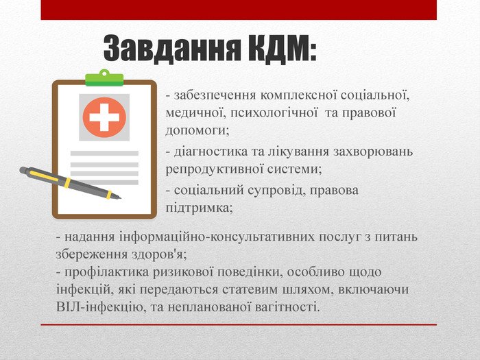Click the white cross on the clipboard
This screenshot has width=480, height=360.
[x=104, y=117]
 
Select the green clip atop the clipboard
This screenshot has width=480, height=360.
[x=104, y=77]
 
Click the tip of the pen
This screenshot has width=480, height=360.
[x=119, y=197]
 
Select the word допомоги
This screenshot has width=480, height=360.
[x=196, y=128]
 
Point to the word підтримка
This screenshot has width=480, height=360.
[x=198, y=206]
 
